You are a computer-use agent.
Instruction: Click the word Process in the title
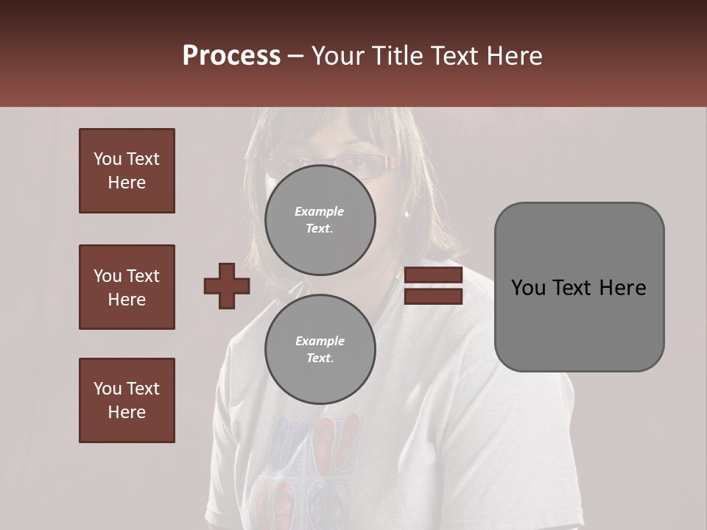231,56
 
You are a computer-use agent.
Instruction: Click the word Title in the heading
398,56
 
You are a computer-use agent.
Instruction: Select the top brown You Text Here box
127,171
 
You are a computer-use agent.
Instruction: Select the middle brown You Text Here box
127,287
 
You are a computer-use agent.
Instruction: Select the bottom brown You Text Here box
127,400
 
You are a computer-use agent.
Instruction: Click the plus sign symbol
227,286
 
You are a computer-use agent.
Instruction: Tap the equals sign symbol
433,286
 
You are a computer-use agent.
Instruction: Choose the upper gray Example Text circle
320,220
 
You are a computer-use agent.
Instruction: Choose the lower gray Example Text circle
320,350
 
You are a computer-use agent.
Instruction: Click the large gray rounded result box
579,287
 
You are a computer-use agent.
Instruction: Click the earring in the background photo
406,214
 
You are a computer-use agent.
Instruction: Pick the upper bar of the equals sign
433,275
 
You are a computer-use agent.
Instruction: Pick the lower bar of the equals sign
433,296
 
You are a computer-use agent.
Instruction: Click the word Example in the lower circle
320,341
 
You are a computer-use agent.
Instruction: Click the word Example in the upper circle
320,211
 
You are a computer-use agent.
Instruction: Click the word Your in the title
338,56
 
